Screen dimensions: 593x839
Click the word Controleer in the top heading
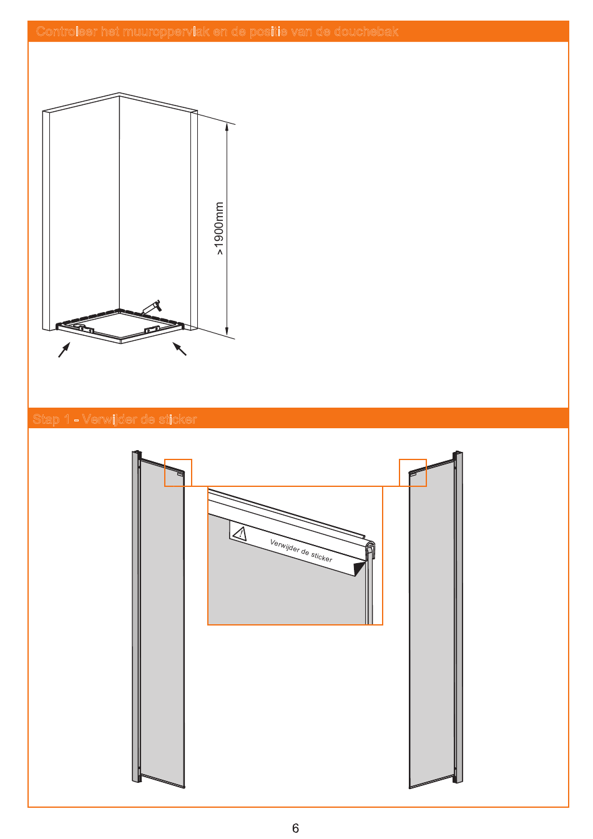click(x=67, y=31)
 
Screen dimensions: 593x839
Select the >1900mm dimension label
click(x=219, y=228)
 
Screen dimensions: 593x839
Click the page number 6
click(x=295, y=828)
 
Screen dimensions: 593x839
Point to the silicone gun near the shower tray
click(x=152, y=307)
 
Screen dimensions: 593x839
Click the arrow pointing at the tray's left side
click(x=64, y=350)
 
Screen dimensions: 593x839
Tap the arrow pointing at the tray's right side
click(x=179, y=349)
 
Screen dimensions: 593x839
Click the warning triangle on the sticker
click(x=240, y=533)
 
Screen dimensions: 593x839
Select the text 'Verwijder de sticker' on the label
click(x=301, y=551)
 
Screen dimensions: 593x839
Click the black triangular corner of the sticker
click(x=359, y=567)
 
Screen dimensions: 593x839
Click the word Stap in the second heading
click(x=46, y=419)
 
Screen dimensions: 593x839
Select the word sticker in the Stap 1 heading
click(x=178, y=419)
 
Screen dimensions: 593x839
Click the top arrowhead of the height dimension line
click(x=227, y=127)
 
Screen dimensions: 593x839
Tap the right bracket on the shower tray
click(x=152, y=330)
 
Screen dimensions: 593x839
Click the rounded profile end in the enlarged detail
click(x=370, y=547)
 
